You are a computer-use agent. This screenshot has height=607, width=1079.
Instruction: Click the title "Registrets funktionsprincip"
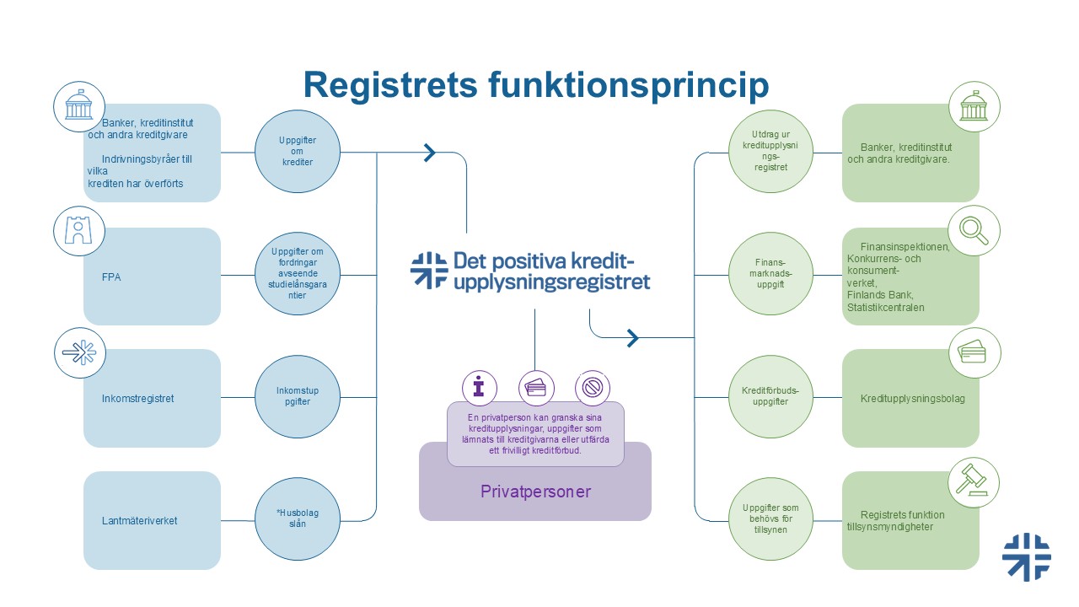(536, 86)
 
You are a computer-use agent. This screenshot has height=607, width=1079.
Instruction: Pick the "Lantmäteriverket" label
(139, 520)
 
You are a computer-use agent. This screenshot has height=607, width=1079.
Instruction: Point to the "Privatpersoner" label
(535, 491)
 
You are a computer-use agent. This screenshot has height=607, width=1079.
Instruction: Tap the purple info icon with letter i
(480, 388)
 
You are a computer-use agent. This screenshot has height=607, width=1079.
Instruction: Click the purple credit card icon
(535, 388)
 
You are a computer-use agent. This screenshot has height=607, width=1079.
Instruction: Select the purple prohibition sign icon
(592, 388)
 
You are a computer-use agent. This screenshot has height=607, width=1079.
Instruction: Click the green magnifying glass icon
(974, 228)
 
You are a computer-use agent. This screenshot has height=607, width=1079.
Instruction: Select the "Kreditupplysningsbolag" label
(912, 398)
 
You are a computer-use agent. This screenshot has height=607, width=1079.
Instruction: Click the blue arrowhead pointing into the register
(430, 153)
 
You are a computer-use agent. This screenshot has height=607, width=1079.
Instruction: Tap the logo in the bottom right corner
(1026, 557)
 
